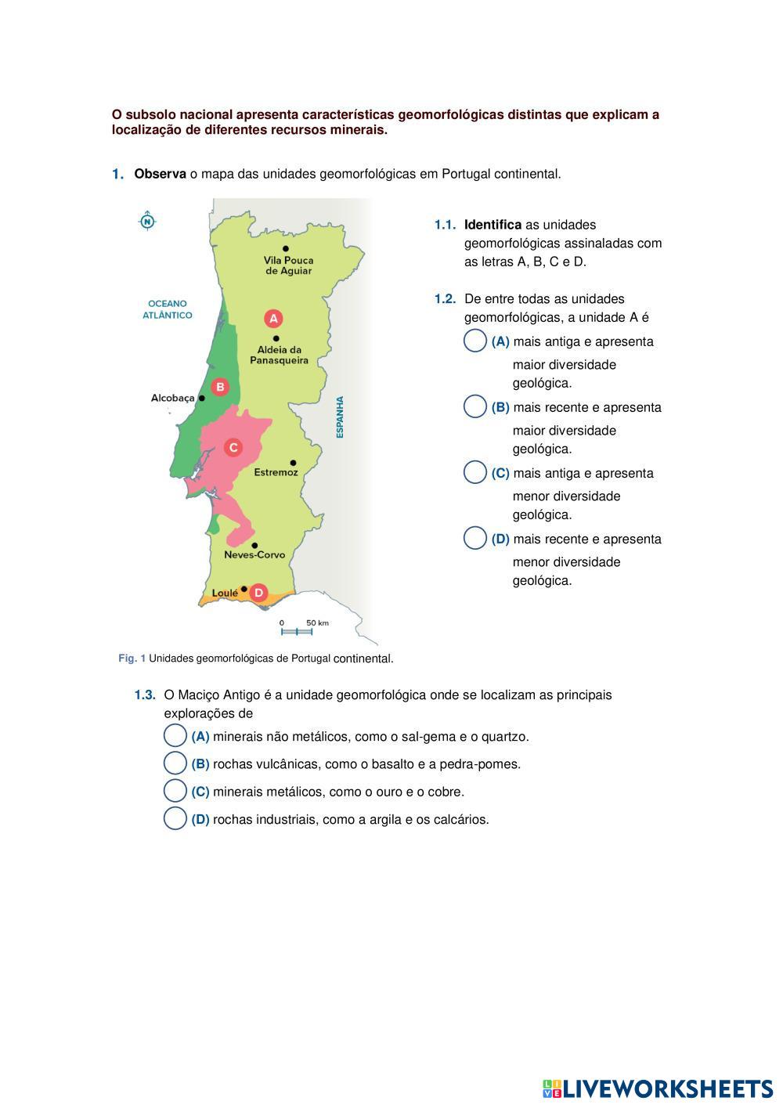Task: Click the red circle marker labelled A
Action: pyautogui.click(x=273, y=319)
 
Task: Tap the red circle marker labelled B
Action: pyautogui.click(x=221, y=387)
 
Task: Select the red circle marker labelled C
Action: pyautogui.click(x=233, y=448)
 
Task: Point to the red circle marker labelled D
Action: pyautogui.click(x=258, y=593)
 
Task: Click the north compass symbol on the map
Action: pyautogui.click(x=147, y=222)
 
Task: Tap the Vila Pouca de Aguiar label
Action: pyautogui.click(x=288, y=265)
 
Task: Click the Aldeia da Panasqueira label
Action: pyautogui.click(x=279, y=355)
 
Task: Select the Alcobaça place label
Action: pyautogui.click(x=172, y=399)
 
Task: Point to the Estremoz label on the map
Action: pyautogui.click(x=276, y=473)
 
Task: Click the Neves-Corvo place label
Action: pyautogui.click(x=254, y=555)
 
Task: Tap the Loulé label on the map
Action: pyautogui.click(x=225, y=594)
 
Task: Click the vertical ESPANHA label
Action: pyautogui.click(x=340, y=417)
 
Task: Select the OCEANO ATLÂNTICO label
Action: pyautogui.click(x=168, y=309)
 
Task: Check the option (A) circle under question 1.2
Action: pyautogui.click(x=475, y=341)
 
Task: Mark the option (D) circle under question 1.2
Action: pyautogui.click(x=475, y=539)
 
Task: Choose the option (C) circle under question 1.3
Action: pyautogui.click(x=175, y=791)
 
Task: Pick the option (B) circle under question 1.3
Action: pyautogui.click(x=175, y=763)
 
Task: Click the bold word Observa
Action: pyautogui.click(x=160, y=174)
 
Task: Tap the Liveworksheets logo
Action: pyautogui.click(x=657, y=1088)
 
